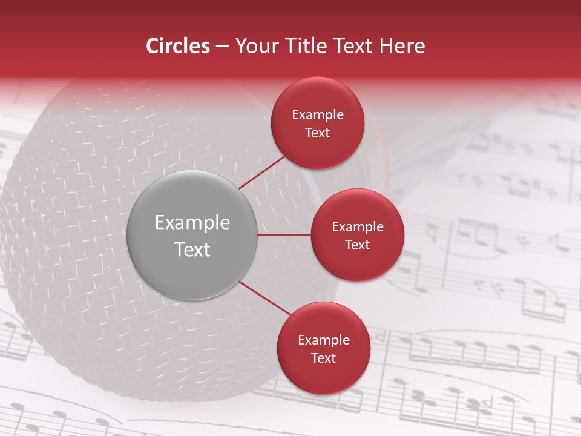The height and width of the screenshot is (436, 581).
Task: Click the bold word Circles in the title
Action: click(x=178, y=46)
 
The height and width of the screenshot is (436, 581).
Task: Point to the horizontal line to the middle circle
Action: click(x=284, y=235)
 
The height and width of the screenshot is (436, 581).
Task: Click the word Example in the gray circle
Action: click(x=192, y=223)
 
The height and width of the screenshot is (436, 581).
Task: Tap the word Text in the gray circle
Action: click(x=192, y=249)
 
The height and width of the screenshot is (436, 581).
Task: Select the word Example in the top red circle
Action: click(x=318, y=115)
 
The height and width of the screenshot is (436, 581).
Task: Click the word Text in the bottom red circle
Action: click(x=323, y=358)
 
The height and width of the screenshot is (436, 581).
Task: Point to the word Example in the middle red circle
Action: click(x=357, y=227)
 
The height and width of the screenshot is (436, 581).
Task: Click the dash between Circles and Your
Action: click(x=222, y=47)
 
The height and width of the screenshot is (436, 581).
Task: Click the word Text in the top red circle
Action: click(x=318, y=133)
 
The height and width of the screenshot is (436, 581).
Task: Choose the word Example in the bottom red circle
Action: click(x=323, y=340)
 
